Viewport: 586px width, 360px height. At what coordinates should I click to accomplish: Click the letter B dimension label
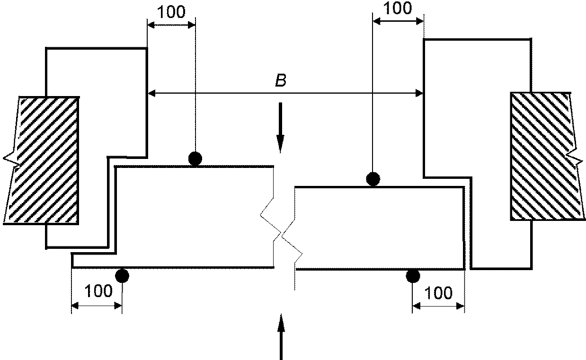[x=281, y=80]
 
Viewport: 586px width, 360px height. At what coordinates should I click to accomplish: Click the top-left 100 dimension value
[x=171, y=12]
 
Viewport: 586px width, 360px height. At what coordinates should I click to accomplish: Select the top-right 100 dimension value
[x=398, y=8]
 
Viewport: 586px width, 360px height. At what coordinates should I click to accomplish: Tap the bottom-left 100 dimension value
[x=98, y=291]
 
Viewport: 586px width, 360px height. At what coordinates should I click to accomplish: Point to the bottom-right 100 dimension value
[x=438, y=293]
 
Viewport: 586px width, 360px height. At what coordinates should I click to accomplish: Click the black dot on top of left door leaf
[x=195, y=158]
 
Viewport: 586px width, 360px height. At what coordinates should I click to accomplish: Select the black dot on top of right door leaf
[x=373, y=179]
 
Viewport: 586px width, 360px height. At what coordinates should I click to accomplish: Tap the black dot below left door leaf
[x=122, y=275]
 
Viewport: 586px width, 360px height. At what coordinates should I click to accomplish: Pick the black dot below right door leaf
[x=413, y=276]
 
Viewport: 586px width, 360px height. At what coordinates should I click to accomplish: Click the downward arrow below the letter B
[x=280, y=128]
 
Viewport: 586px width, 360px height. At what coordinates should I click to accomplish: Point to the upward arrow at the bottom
[x=281, y=337]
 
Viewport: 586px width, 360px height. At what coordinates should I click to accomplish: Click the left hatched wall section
[x=42, y=160]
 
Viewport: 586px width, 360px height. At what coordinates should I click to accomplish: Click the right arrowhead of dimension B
[x=419, y=93]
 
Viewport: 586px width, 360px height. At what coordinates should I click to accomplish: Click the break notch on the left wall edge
[x=12, y=160]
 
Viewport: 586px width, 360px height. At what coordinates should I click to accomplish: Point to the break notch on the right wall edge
[x=576, y=158]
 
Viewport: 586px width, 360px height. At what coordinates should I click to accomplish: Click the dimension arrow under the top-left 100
[x=171, y=25]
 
